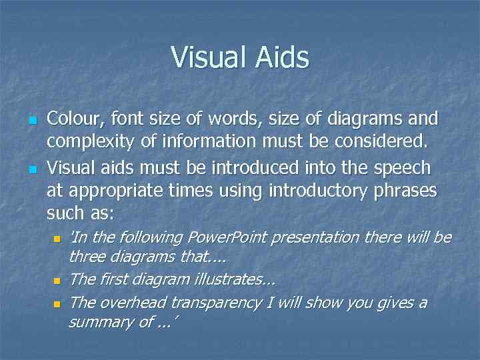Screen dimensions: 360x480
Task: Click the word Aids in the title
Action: (x=282, y=57)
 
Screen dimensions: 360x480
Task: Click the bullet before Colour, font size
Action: (x=32, y=121)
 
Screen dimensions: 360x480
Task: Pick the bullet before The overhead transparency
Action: (x=59, y=304)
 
